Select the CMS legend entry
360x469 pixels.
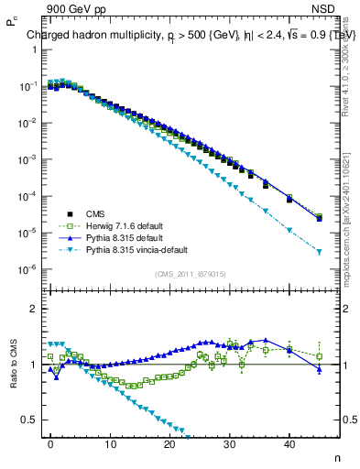pyautogui.click(x=108, y=212)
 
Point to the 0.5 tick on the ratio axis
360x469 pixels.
pyautogui.click(x=31, y=420)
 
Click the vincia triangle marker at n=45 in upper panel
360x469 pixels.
pyautogui.click(x=319, y=251)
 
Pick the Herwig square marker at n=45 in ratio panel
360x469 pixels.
pyautogui.click(x=319, y=356)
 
